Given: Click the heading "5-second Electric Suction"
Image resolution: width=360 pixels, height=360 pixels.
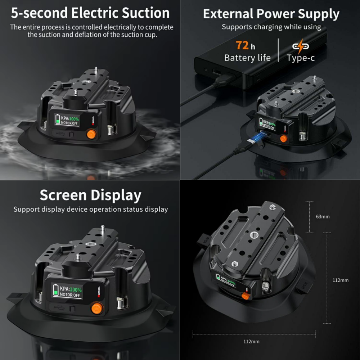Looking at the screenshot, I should tap(90, 13).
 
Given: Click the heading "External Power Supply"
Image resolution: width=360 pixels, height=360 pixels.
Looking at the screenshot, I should tap(271, 14).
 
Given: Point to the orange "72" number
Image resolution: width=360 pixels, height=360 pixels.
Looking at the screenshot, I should tap(242, 46).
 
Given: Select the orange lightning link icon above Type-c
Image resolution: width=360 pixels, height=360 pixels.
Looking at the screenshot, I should tap(300, 46).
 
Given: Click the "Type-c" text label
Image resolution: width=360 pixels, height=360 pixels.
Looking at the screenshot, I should tap(301, 58).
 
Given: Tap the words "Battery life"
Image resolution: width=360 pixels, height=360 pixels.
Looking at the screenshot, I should tap(247, 58).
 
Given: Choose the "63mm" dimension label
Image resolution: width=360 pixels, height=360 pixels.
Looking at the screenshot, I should tap(323, 217).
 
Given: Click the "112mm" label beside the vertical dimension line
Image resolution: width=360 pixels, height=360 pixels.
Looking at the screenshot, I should tap(340, 280).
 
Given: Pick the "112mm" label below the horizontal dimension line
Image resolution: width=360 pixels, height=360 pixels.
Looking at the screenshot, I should tap(251, 341).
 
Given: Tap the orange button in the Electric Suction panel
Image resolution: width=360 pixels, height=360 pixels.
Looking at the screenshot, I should tap(91, 135).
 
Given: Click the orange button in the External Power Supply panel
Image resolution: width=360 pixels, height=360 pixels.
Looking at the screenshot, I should tap(284, 138).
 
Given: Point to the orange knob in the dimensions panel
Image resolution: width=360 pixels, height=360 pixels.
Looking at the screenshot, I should tap(245, 296).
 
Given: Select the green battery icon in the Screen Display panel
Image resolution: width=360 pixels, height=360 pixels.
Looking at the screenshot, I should tap(56, 290).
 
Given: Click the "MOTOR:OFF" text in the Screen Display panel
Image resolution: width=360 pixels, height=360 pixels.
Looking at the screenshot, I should tap(70, 295).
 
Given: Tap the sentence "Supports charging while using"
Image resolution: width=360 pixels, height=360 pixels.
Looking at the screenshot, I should tap(271, 27).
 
